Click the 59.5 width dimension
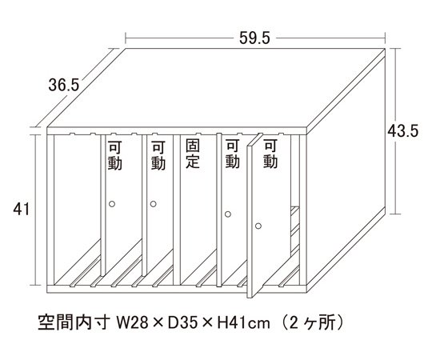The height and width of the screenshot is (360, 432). (x=254, y=38)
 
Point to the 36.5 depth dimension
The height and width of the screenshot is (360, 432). (x=64, y=85)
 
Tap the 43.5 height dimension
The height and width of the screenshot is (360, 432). (x=402, y=130)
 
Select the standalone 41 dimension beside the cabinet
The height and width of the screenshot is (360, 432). (x=22, y=210)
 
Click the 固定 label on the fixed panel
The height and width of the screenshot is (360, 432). (x=193, y=154)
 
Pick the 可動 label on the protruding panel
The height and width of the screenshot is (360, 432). (x=270, y=154)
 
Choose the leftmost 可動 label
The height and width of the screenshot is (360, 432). (x=115, y=155)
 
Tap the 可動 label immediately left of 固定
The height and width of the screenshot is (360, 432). (x=158, y=155)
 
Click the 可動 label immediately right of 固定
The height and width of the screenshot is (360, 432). (x=232, y=154)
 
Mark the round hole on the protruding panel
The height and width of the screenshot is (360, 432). (x=258, y=226)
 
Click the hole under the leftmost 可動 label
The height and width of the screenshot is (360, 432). (x=111, y=204)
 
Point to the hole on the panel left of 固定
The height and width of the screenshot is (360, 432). (x=154, y=204)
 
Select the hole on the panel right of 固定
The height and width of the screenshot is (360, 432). (x=228, y=214)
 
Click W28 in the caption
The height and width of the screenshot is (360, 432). (x=133, y=322)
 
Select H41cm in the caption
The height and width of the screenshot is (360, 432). (x=243, y=322)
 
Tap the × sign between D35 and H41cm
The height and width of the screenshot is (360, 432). (x=208, y=323)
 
